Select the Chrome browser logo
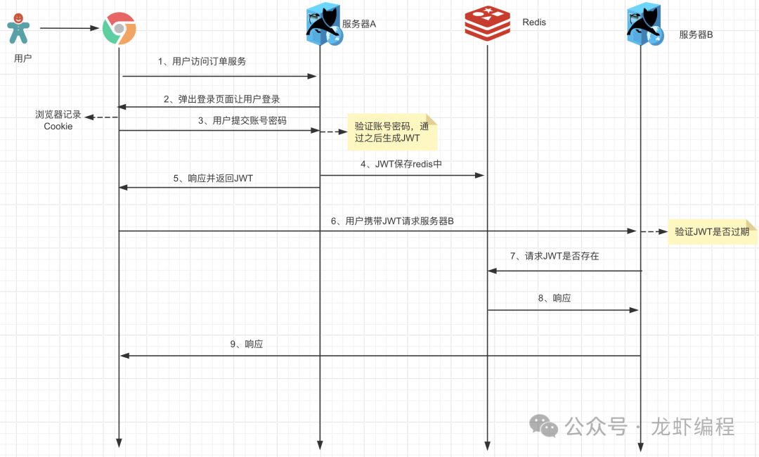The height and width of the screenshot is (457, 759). tap(119, 29)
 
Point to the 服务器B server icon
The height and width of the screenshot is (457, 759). tap(644, 27)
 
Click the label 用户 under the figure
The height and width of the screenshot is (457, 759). tap(23, 58)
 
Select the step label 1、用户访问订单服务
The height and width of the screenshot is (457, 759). tap(202, 61)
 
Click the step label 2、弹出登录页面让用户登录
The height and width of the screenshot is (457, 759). tap(222, 99)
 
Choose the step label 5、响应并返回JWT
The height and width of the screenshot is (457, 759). tap(213, 179)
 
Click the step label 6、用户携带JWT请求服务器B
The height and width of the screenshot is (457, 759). tap(392, 221)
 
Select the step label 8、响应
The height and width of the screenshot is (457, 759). tap(554, 298)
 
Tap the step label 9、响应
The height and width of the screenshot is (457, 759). tap(246, 345)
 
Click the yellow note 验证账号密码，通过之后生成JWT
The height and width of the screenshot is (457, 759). tap(392, 132)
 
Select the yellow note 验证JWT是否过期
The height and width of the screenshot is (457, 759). tap(712, 231)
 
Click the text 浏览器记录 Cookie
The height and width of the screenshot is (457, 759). tap(58, 120)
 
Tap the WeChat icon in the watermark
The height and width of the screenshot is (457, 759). tap(545, 425)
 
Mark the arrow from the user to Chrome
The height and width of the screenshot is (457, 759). tap(69, 28)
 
